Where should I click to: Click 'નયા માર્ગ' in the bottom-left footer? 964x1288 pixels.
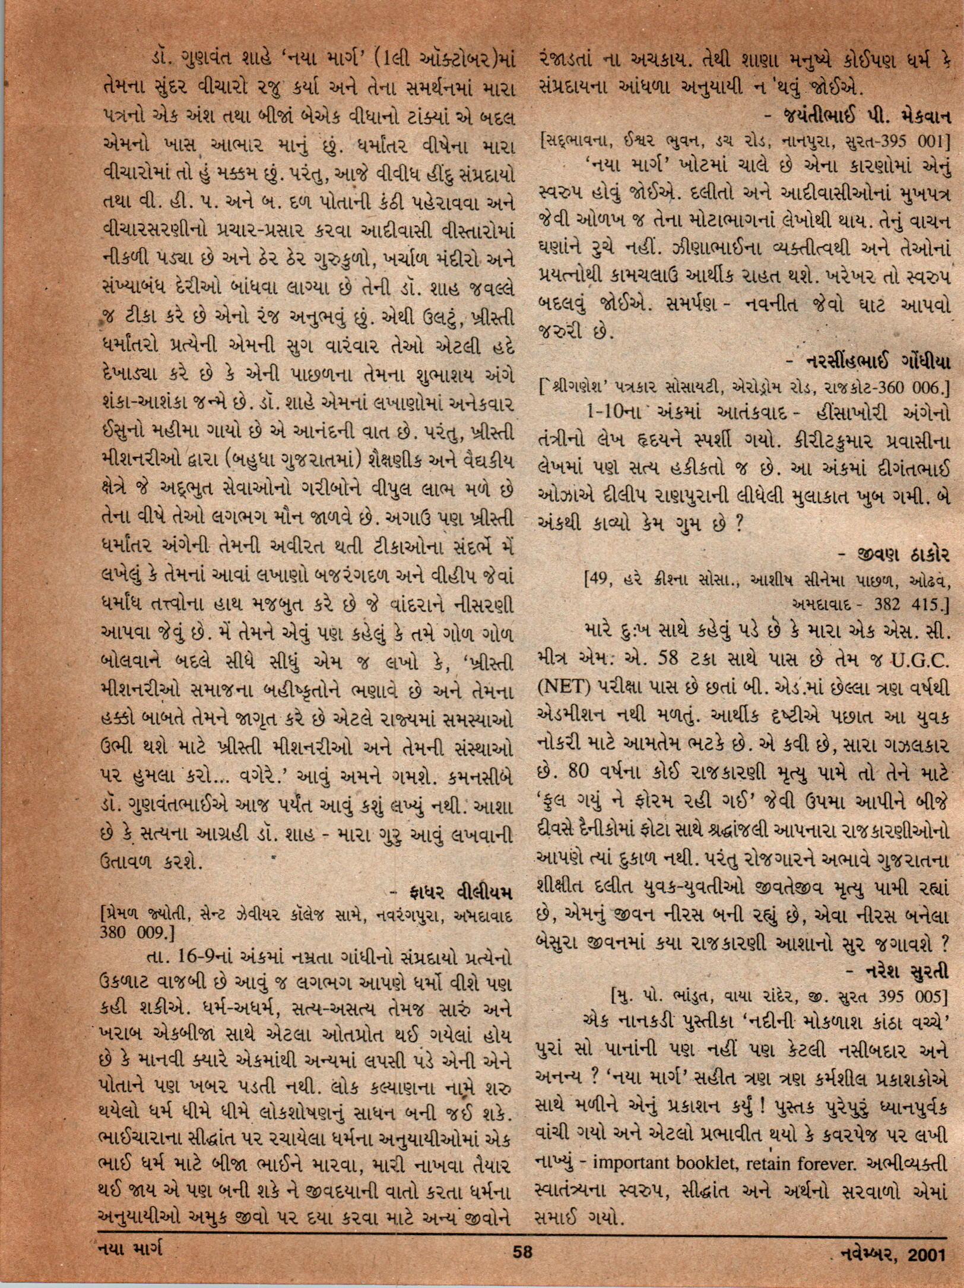[130, 1251]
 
